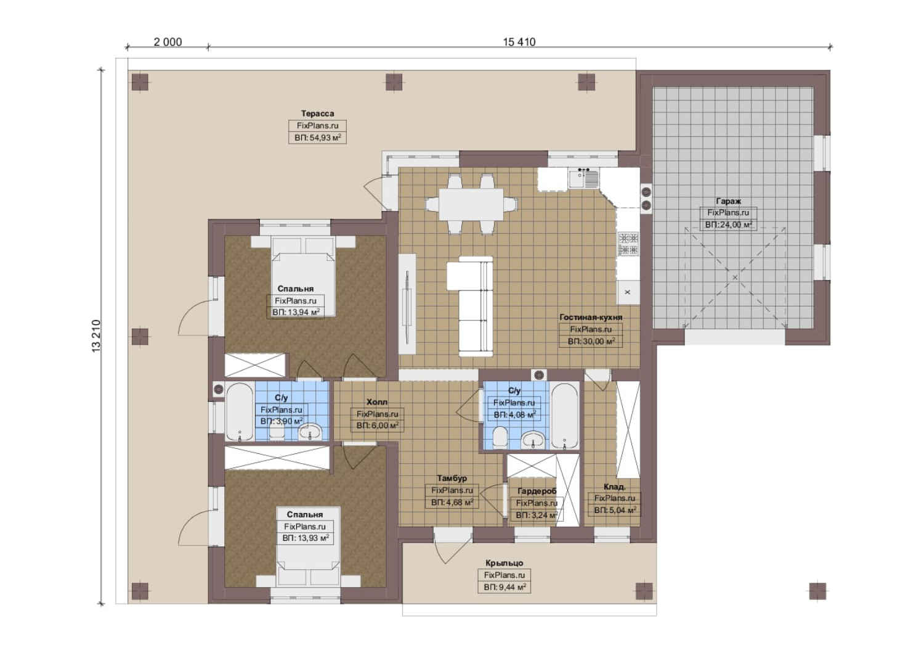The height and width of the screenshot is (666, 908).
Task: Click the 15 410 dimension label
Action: point(519,42)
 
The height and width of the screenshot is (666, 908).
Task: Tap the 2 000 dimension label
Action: point(168,42)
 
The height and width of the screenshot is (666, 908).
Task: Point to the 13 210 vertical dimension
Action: point(97,336)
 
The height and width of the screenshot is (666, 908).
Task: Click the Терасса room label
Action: point(317,113)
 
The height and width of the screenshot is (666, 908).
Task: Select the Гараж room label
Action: point(728,201)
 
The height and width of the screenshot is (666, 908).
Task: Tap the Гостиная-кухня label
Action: point(591,318)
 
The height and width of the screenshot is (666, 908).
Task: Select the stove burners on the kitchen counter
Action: point(628,244)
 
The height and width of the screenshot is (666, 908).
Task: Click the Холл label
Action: point(377,402)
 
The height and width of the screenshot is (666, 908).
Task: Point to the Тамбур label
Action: point(452,479)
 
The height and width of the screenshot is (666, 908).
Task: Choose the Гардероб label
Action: point(537,491)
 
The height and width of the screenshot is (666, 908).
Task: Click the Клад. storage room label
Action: point(615,487)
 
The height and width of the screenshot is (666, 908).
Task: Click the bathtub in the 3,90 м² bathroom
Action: point(240,412)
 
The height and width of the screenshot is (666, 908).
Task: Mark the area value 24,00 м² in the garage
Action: point(729,225)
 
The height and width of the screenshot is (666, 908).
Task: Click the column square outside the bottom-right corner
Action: point(817,591)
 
